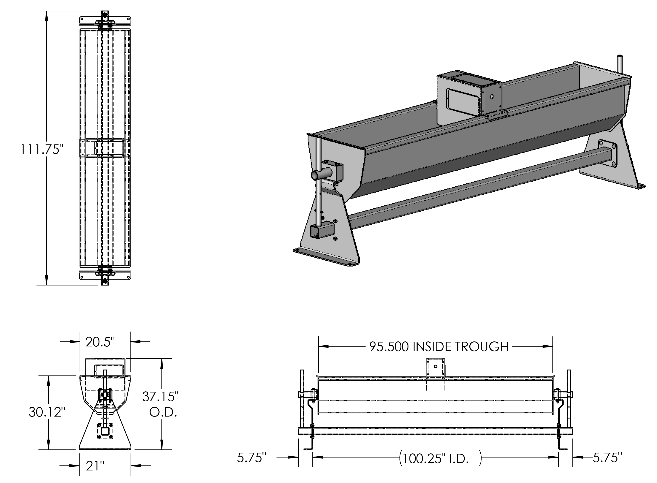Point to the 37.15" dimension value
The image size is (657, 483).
[160, 397]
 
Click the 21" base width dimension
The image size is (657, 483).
[95, 465]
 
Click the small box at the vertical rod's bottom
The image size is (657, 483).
[322, 230]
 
